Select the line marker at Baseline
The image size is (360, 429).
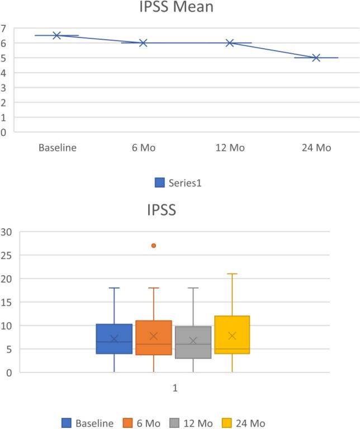pyautogui.click(x=56, y=35)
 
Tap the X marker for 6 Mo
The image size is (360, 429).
pyautogui.click(x=143, y=43)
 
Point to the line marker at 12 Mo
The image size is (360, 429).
pyautogui.click(x=230, y=43)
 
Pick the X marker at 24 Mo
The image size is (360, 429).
pyautogui.click(x=316, y=58)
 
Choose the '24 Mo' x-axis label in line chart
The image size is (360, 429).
pyautogui.click(x=316, y=148)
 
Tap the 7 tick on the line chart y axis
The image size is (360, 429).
pyautogui.click(x=3, y=28)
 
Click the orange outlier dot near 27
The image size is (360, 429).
pyautogui.click(x=154, y=246)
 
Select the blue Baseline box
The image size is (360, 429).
pyautogui.click(x=114, y=339)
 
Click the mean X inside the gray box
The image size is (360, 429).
pyautogui.click(x=193, y=341)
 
